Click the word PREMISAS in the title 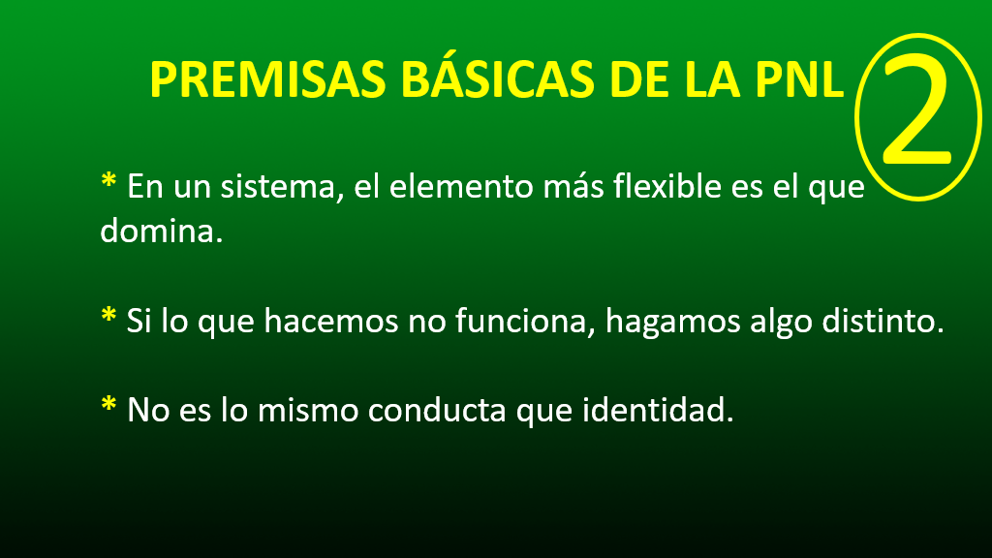pos(267,79)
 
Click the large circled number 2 pos(917,117)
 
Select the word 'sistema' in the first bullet pos(277,187)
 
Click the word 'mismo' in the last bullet pos(308,411)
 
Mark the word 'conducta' pos(437,411)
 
